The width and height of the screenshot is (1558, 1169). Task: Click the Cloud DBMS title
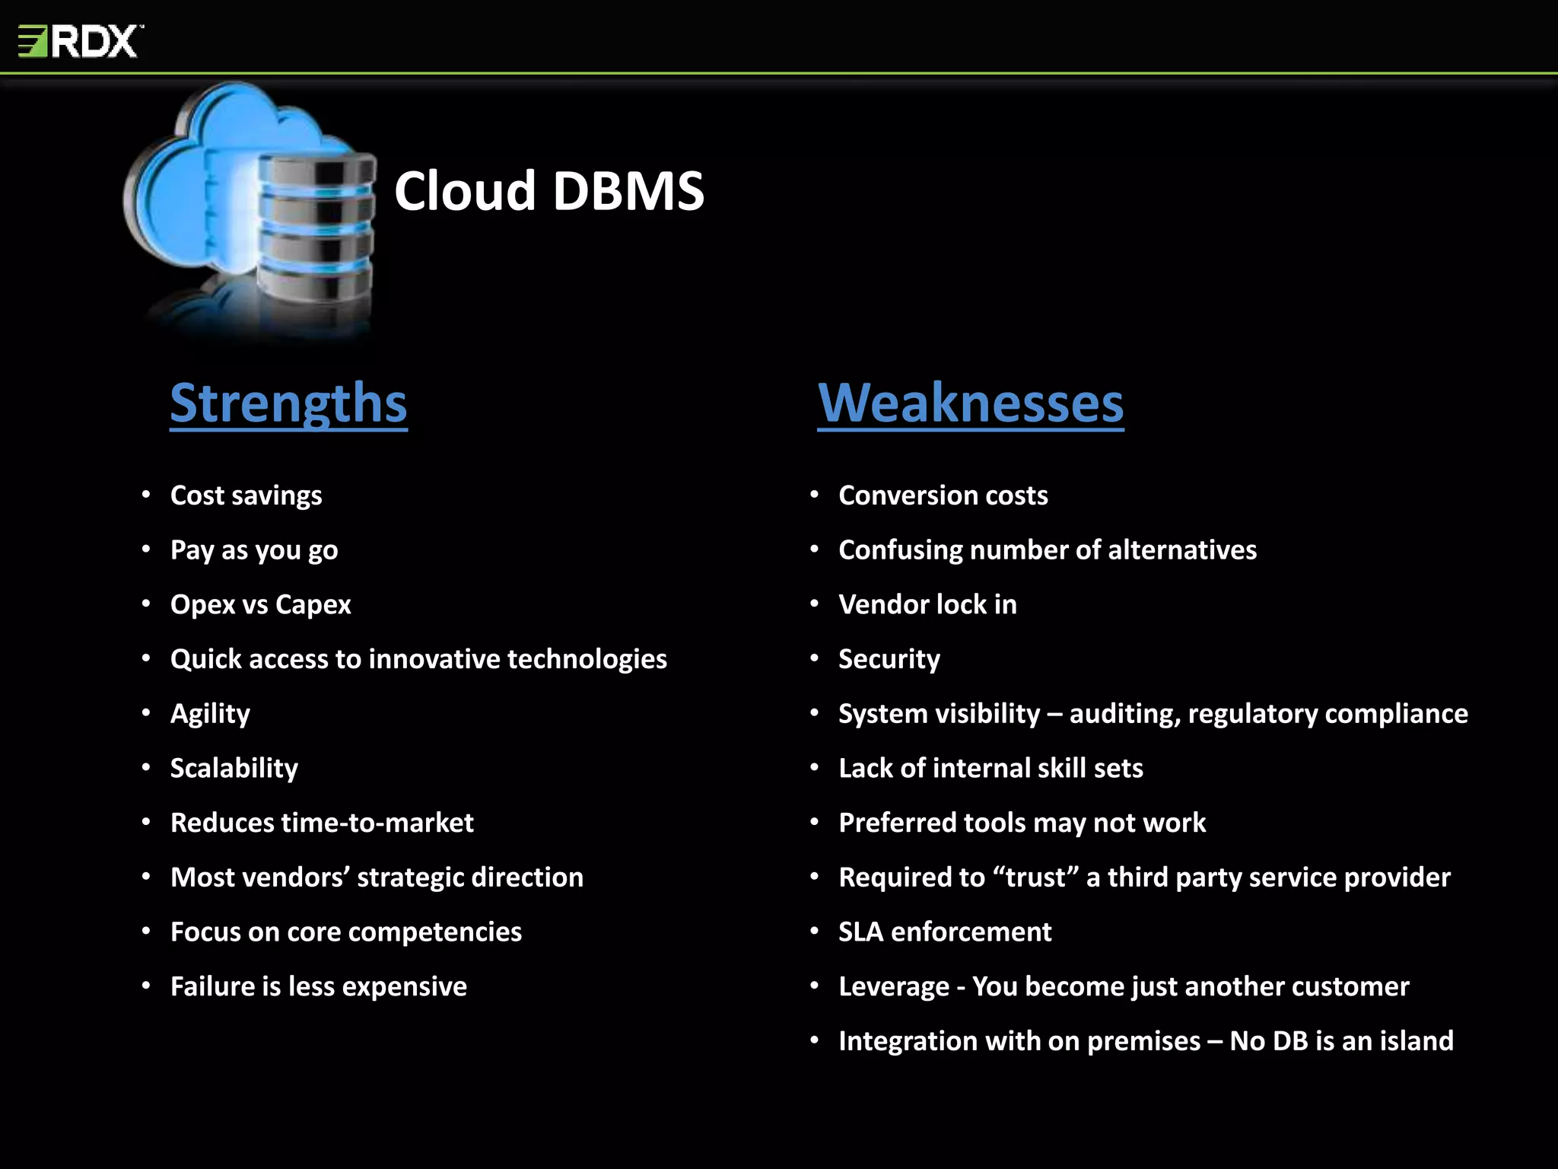point(548,190)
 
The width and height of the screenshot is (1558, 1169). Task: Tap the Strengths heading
point(288,403)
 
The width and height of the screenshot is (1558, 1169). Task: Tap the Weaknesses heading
point(970,403)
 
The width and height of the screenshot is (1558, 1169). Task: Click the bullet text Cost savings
point(246,495)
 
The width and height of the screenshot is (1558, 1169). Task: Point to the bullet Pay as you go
point(254,550)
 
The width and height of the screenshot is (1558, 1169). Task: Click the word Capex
point(313,605)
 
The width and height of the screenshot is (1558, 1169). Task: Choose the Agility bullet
point(210,714)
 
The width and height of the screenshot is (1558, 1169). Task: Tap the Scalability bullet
point(234,768)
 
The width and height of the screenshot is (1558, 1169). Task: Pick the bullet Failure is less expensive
point(318,986)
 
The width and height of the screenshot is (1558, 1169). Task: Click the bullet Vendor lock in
point(927,604)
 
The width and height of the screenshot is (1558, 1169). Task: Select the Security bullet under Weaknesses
point(889,659)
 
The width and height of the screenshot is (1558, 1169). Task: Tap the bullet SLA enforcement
point(945,932)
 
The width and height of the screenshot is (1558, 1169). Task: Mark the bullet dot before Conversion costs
point(814,495)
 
